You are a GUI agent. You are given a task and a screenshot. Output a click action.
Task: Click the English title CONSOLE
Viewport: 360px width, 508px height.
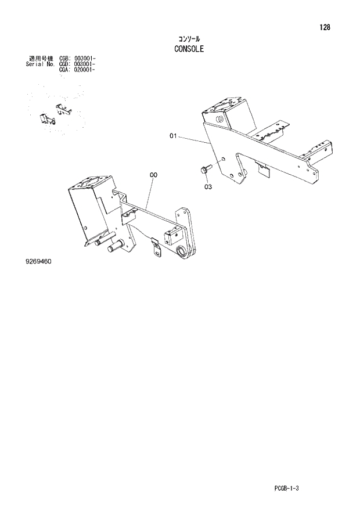[x=189, y=49]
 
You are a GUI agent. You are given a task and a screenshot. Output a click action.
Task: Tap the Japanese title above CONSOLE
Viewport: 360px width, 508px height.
[x=189, y=39]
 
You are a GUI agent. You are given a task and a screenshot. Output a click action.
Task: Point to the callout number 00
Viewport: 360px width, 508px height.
[x=154, y=175]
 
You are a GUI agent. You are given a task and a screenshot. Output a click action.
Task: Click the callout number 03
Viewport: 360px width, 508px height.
[x=207, y=187]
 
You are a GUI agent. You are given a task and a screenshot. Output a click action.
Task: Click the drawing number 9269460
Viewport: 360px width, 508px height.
[x=39, y=262]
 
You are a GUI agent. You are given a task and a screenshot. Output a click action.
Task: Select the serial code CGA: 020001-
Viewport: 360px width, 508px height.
[x=77, y=70]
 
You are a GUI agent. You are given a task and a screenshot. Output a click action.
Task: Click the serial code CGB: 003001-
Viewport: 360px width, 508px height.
[x=77, y=59]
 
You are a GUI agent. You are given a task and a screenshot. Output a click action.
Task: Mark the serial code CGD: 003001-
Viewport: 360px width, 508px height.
[x=77, y=64]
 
